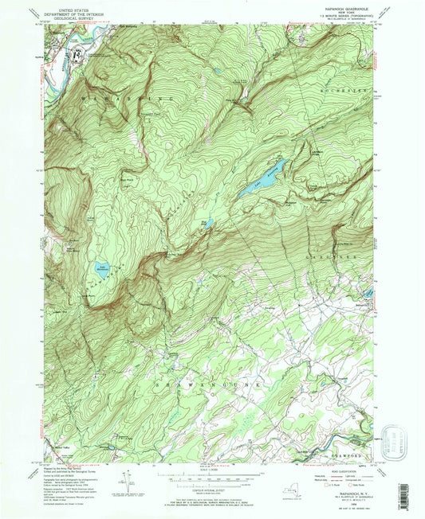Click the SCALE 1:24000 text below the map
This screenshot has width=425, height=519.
[212, 469]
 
